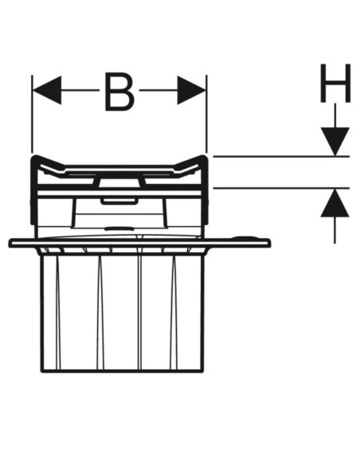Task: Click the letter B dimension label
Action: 119,92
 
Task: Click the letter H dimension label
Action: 335,83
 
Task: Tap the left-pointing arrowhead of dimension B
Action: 47,90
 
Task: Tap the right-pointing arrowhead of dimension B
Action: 192,90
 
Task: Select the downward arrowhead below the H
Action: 335,142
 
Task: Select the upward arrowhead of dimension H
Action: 335,202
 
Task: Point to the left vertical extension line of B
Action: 32,114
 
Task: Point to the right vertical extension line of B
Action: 206,114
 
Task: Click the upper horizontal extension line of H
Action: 281,156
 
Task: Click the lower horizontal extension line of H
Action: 281,188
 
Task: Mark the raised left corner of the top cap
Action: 35,156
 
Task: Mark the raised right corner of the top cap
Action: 203,156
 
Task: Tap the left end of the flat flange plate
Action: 10,243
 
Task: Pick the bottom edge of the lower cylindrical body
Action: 123,370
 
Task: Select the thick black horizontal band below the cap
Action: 119,187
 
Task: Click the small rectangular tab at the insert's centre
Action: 119,201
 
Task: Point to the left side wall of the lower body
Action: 41,311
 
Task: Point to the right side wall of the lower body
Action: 203,311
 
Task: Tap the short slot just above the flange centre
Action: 119,229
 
